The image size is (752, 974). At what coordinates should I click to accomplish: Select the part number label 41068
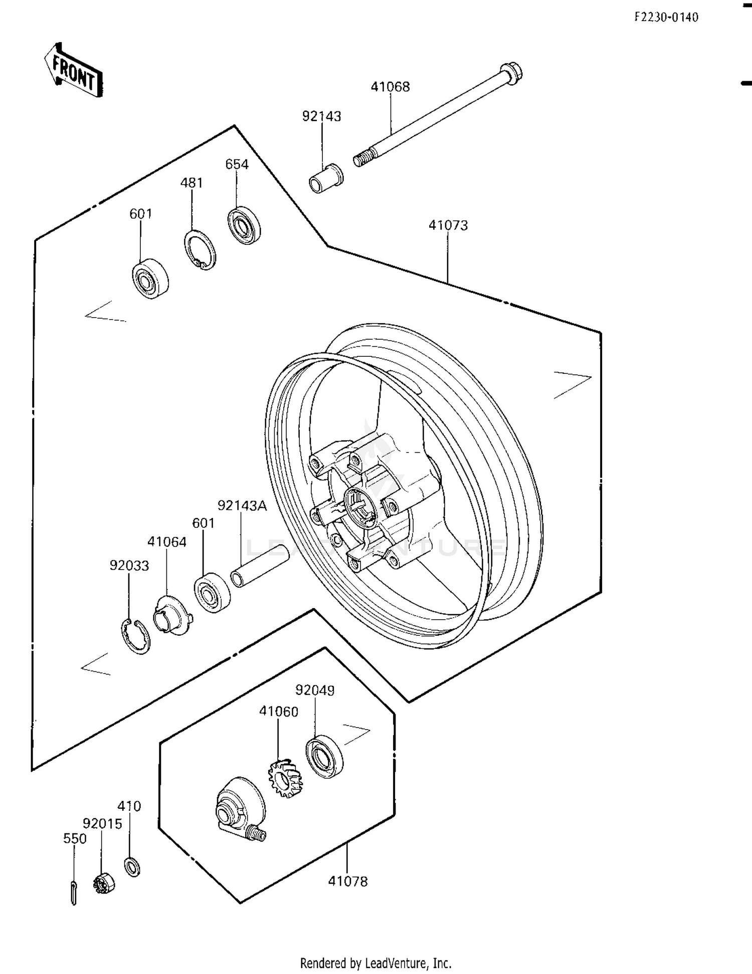[390, 87]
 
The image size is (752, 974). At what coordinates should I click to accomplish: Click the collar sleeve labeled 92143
[326, 178]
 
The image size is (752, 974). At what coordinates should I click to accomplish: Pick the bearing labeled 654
[244, 225]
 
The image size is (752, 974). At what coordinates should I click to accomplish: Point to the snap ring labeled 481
[200, 249]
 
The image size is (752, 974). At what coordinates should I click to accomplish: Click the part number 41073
[448, 225]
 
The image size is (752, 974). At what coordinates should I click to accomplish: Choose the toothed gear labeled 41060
[286, 778]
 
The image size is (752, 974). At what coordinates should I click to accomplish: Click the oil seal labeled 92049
[324, 756]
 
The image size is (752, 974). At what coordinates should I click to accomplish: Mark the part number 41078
[347, 881]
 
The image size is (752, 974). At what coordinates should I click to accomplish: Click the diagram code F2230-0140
[666, 18]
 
